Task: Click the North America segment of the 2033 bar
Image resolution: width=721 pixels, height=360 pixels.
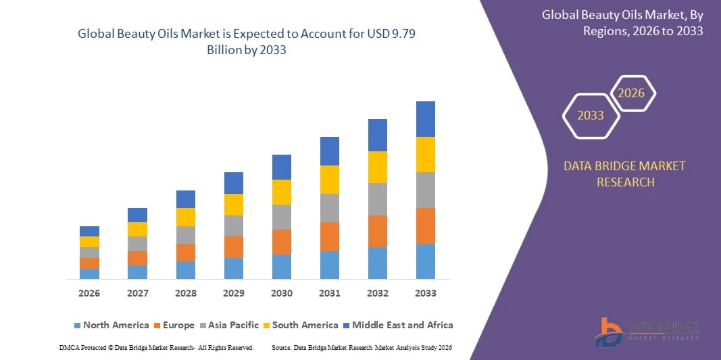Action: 425,261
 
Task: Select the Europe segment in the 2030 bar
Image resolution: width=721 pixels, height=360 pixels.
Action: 281,242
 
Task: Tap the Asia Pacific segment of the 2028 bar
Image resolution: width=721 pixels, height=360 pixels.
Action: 185,235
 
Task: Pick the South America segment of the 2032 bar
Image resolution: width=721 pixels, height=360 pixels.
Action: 378,168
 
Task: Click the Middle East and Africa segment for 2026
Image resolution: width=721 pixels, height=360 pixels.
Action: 89,231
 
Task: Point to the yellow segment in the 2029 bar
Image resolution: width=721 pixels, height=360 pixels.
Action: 234,205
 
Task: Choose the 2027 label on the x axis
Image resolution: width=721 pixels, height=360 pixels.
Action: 137,293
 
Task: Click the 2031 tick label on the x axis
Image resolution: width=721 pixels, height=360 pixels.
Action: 329,293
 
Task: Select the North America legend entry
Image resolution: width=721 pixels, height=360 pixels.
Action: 111,325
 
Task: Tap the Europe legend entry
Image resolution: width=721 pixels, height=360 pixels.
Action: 174,325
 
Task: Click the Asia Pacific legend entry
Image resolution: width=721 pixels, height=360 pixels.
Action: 229,325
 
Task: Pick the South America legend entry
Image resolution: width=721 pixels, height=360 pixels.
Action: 301,325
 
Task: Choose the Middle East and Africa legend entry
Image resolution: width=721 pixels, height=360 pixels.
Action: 398,325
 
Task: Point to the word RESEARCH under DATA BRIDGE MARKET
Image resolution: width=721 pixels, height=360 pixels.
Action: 625,182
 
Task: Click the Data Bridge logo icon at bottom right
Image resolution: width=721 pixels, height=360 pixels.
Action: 609,332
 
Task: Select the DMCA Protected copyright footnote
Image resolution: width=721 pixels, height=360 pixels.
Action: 157,348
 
